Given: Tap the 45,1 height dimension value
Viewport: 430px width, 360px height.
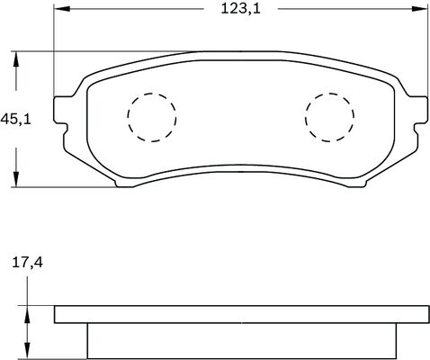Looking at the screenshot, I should coord(16,120).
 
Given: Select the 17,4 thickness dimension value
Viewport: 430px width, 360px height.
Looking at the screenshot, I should coord(28,264).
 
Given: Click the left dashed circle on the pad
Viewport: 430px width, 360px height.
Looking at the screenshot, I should coord(151,117).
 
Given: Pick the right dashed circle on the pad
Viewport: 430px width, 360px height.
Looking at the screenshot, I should coord(329,116).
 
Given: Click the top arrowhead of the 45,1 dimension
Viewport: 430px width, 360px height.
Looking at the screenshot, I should coord(16,57).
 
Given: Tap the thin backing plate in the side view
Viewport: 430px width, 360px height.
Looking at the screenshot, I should coord(240,314).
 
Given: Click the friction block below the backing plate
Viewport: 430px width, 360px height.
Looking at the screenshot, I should coord(240,340).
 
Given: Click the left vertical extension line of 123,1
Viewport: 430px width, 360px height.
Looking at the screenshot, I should coord(53,54).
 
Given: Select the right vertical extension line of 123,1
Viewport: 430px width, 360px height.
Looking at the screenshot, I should coord(426,54).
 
